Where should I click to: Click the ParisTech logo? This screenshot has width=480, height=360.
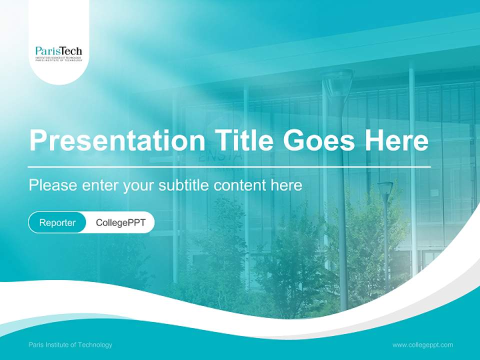click(58, 52)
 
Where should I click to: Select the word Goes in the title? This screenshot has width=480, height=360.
click(319, 140)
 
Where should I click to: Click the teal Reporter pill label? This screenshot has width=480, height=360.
click(57, 222)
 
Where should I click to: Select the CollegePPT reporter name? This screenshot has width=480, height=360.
click(120, 222)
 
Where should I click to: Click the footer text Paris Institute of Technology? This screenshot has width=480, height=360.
click(70, 344)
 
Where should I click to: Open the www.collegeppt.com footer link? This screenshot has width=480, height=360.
click(422, 344)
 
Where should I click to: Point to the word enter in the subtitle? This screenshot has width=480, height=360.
click(100, 185)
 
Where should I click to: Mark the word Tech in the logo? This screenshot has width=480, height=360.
click(71, 50)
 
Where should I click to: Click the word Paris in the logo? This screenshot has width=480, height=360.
click(47, 50)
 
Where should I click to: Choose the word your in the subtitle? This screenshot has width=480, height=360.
click(139, 185)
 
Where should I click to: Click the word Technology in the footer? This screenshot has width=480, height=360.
click(95, 344)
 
